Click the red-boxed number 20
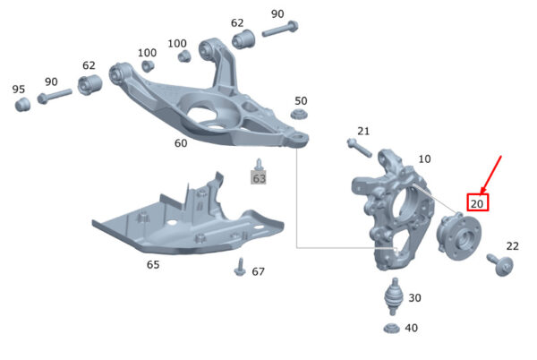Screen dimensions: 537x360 coord(477,203)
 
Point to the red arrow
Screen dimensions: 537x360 coord(490,175)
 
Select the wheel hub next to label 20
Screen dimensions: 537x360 coord(458,236)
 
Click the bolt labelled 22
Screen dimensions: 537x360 coord(500,264)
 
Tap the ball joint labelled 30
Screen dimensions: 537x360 coord(395,296)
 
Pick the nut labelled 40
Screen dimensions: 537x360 coord(392,328)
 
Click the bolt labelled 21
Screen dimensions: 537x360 coord(359,147)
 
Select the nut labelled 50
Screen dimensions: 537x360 coord(299,114)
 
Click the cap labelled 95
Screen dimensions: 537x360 coord(22,104)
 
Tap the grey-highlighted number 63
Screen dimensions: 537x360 coord(259,178)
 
